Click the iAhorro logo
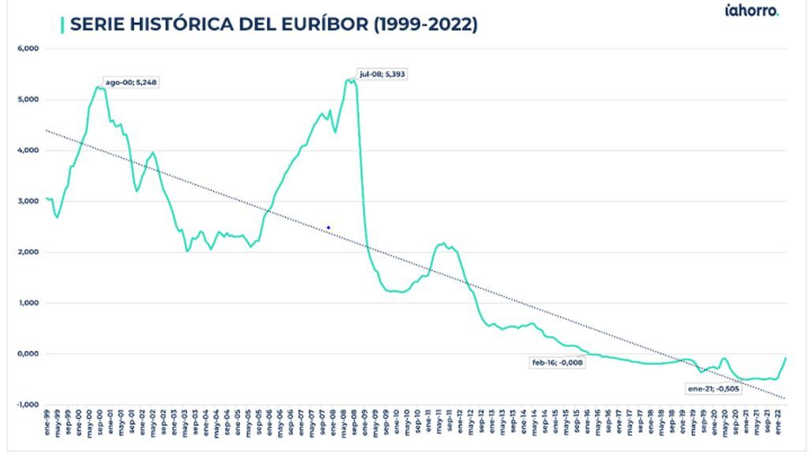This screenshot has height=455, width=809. (751, 11)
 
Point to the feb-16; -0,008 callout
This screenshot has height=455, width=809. (557, 363)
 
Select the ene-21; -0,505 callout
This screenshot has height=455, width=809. (713, 389)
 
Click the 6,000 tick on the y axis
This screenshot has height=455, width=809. (28, 49)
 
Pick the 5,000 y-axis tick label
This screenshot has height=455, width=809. (28, 100)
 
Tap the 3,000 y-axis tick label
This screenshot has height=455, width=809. (28, 201)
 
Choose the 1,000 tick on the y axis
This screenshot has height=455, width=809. (28, 303)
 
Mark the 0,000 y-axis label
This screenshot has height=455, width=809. (28, 354)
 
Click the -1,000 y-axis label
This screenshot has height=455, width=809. (26, 404)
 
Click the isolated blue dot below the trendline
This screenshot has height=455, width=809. (328, 227)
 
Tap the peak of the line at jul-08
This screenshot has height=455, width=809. (351, 79)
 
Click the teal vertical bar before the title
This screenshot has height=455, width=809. (62, 24)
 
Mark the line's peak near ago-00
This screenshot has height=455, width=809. (98, 87)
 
